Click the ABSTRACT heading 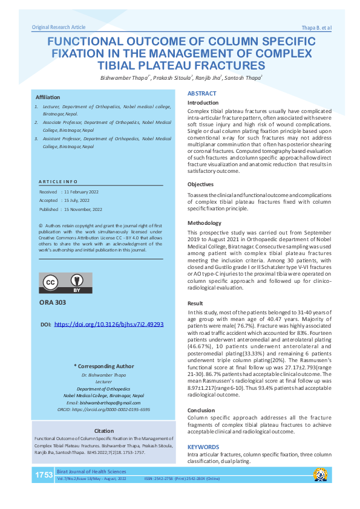[201, 94]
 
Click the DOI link [109, 325]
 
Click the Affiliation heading [48, 97]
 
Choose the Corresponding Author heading [103, 366]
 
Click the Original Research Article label [59, 27]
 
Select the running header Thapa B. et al [316, 28]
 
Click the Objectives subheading [200, 184]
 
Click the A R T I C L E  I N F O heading [58, 181]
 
